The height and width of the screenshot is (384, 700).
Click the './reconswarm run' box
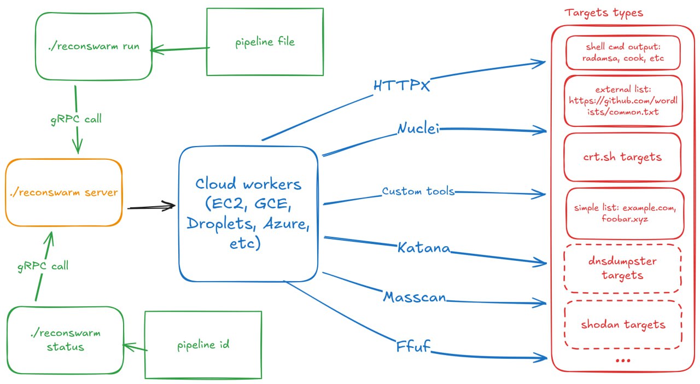pos(94,46)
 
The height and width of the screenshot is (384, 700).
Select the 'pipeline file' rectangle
pos(265,42)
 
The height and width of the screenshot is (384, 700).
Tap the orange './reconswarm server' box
pos(63,193)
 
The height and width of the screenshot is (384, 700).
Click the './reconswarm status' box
pos(66,340)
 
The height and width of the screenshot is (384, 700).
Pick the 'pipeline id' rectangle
pos(203,345)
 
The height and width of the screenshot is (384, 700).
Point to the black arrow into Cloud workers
pos(151,207)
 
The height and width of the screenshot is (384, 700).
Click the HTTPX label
pos(401,85)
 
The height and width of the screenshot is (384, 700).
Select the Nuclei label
pos(418,129)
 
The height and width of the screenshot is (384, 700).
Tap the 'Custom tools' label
pos(418,191)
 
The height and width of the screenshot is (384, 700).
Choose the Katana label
pos(424,248)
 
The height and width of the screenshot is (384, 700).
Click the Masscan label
pos(415,298)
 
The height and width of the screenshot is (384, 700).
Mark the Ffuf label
pos(413,347)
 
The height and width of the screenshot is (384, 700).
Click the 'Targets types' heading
pos(604,13)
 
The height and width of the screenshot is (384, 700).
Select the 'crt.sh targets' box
pos(622,158)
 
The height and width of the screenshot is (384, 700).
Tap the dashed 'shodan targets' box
pos(623,325)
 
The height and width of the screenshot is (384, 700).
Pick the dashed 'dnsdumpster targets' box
pos(622,268)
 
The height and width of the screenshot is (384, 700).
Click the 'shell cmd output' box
pos(623,53)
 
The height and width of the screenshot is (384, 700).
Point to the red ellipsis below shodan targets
pos(623,360)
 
